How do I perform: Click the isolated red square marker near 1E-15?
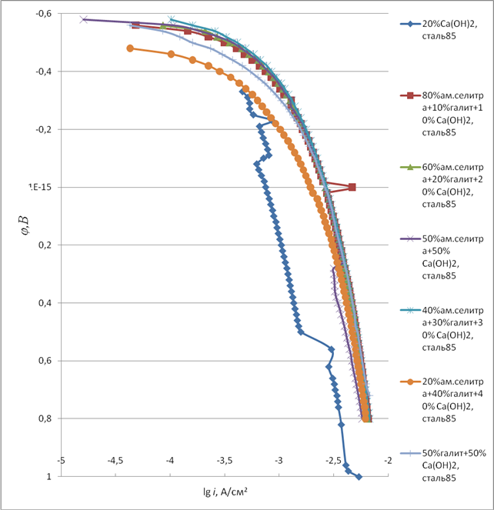click(x=352, y=187)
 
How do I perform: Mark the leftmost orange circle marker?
click(x=130, y=48)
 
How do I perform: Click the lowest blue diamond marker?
click(x=359, y=477)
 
